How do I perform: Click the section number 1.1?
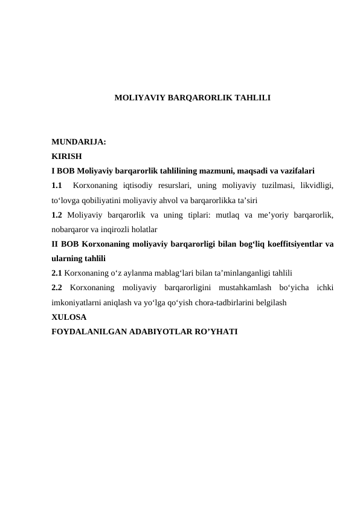(x=57, y=184)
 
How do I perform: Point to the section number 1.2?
(x=57, y=215)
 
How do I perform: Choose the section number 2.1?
(x=57, y=273)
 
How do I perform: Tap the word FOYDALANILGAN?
(x=89, y=331)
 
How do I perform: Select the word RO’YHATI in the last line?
(x=216, y=331)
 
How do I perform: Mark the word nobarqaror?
(x=72, y=230)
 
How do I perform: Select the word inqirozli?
(x=119, y=230)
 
